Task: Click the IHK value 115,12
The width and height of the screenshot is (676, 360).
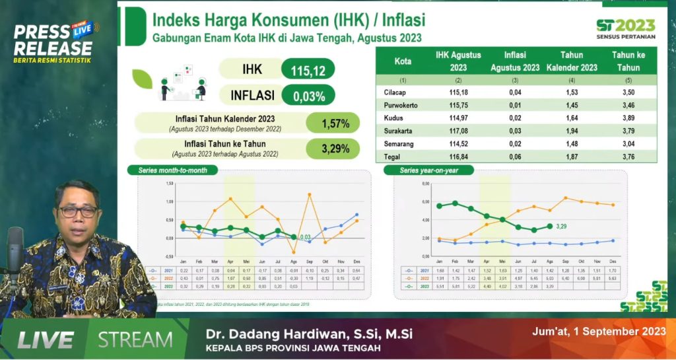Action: (x=308, y=69)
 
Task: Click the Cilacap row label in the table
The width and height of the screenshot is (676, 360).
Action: (x=395, y=92)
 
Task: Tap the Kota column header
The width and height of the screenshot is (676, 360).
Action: (x=403, y=61)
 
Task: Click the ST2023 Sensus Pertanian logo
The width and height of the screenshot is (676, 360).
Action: (x=625, y=28)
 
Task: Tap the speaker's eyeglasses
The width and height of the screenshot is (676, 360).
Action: (x=77, y=212)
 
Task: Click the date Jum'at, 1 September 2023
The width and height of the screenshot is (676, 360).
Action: (x=598, y=332)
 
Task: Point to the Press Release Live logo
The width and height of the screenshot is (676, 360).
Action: (x=54, y=42)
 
